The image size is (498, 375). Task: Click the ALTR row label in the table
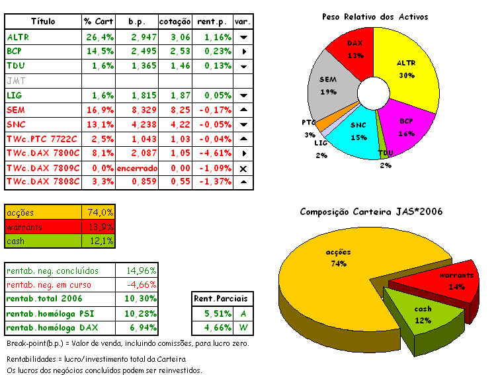[x=18, y=37]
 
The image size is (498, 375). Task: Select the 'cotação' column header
[x=175, y=22]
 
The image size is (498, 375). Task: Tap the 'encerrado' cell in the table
[x=137, y=168]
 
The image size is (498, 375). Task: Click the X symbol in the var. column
[x=243, y=169]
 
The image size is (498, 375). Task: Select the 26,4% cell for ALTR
[x=99, y=37]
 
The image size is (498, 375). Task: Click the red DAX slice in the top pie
[x=354, y=50]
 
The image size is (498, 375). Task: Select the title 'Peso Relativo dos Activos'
[x=374, y=16]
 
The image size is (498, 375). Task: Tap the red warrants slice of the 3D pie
[x=454, y=281]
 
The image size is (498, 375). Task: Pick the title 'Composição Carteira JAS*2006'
[x=371, y=212]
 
